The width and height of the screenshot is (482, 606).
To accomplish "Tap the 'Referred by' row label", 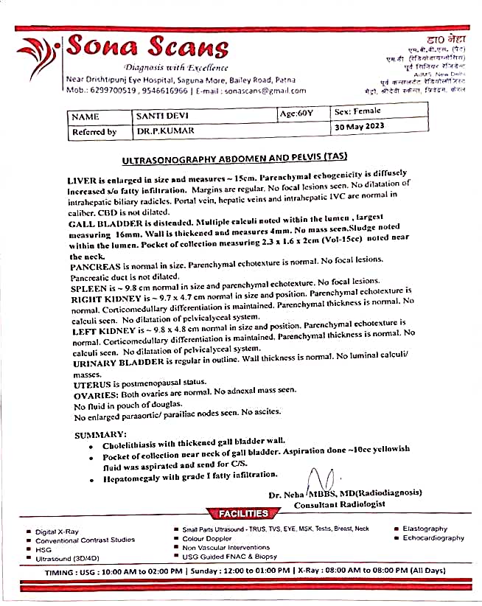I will tap(94, 132).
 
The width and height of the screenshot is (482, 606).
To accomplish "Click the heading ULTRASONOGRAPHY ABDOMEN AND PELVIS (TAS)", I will tap(234, 157).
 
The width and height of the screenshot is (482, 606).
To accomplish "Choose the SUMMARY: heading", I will tap(100, 435).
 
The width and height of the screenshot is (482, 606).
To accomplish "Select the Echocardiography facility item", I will tap(433, 538).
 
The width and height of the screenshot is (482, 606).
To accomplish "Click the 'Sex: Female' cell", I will tap(358, 111).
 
